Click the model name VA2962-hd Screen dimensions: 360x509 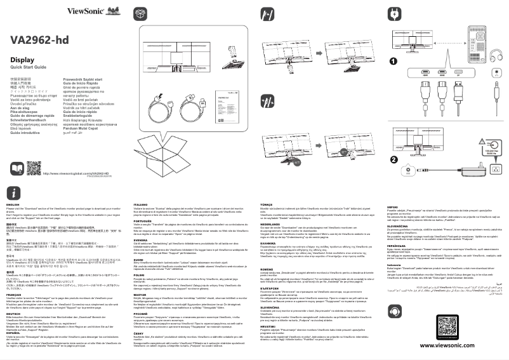point(39,40)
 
